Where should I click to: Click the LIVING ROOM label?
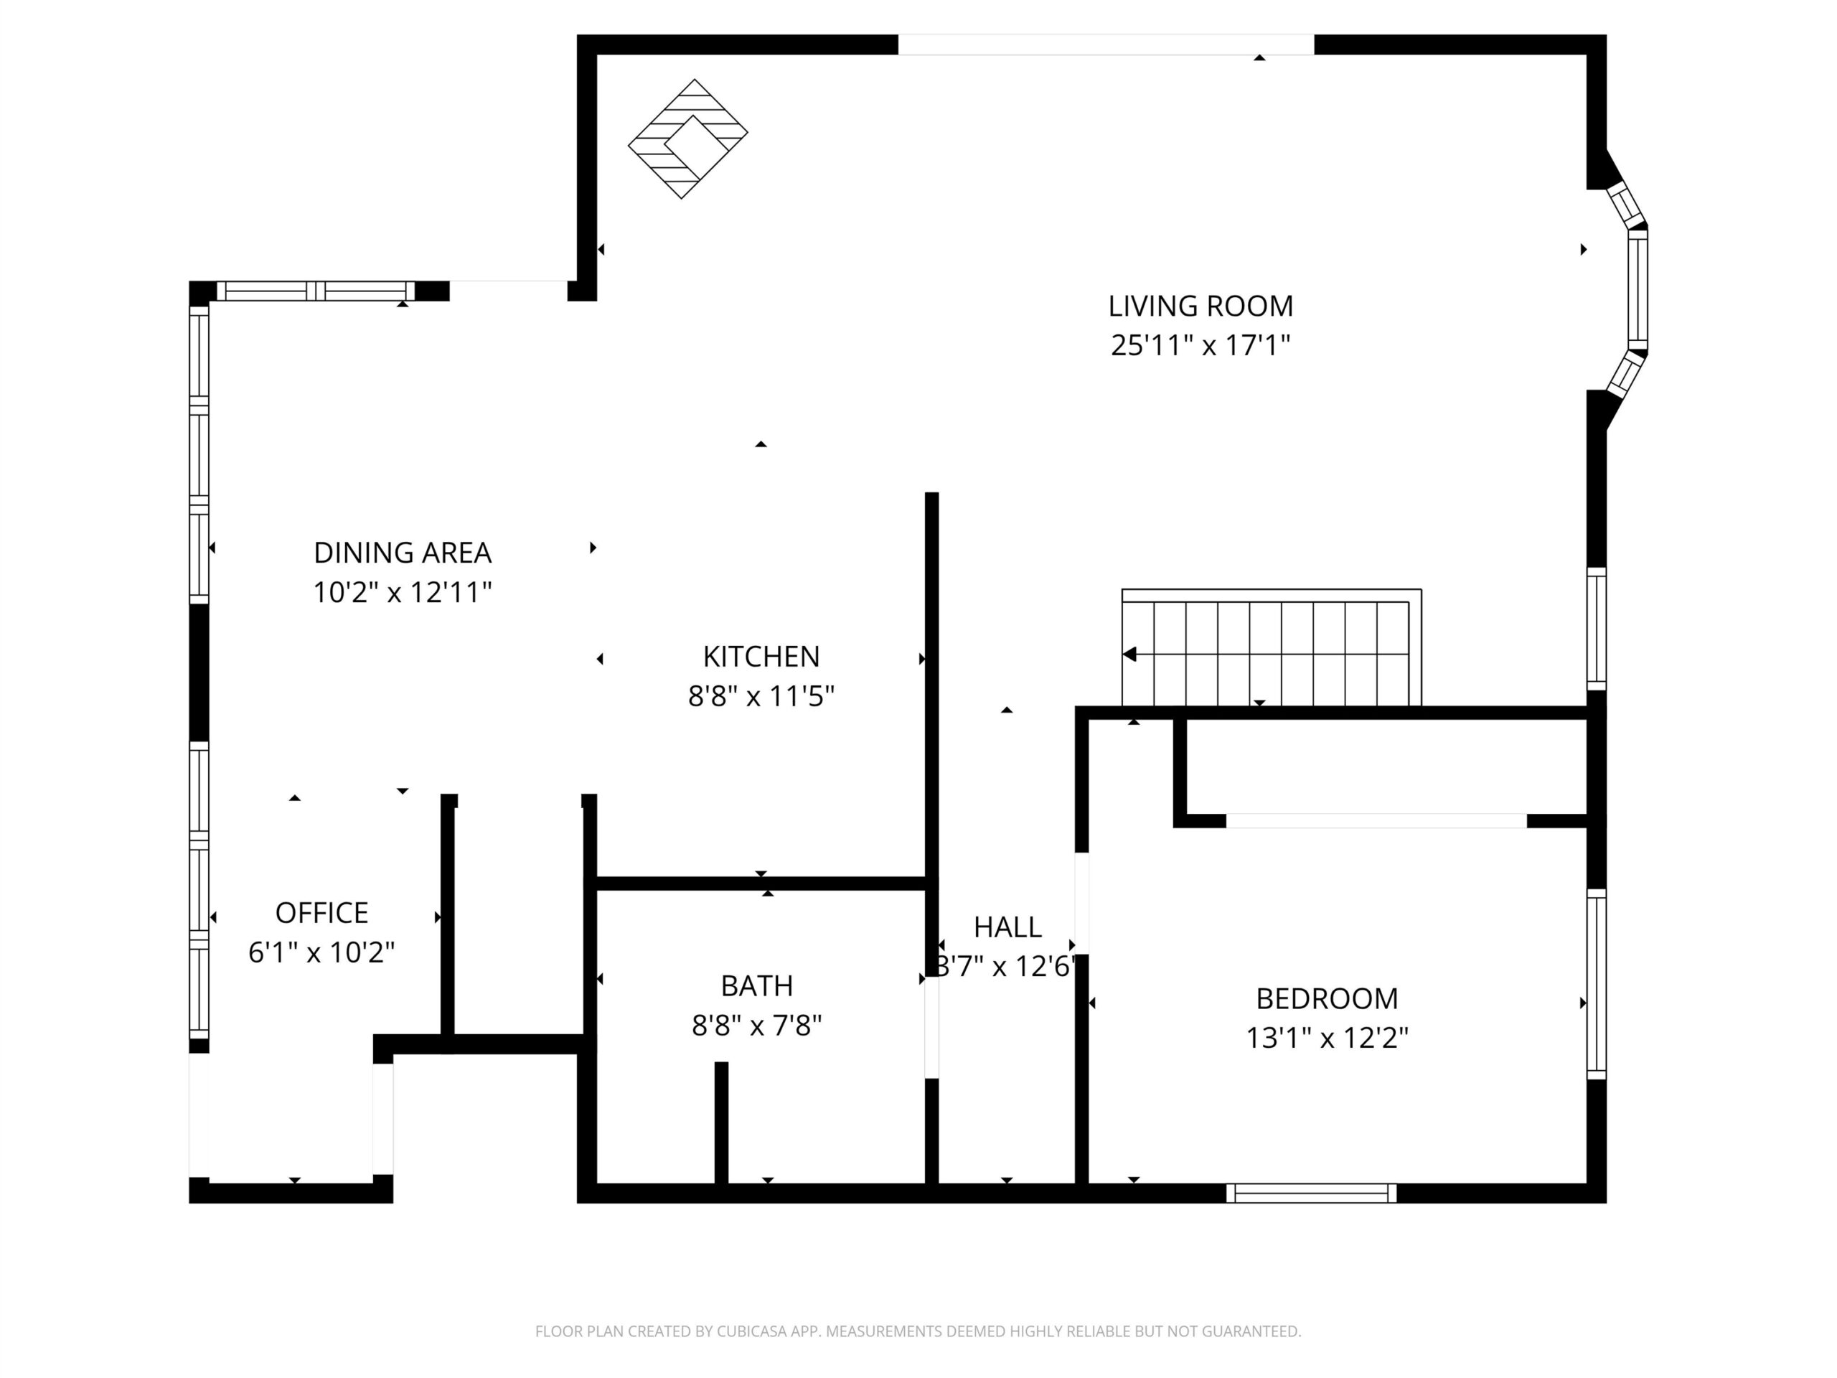point(1200,306)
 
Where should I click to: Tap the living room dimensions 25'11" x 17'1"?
point(1200,344)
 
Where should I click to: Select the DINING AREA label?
point(403,553)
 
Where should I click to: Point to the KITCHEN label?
point(761,656)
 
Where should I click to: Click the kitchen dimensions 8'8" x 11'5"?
point(761,696)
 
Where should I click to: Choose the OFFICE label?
point(321,913)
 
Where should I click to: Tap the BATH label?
point(756,985)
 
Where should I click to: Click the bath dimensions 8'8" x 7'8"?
point(756,1026)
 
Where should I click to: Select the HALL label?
point(1007,927)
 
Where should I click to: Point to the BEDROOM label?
point(1327,998)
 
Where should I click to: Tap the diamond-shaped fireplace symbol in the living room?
point(687,139)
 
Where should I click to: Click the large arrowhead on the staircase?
point(1129,655)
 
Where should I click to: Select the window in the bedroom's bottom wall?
point(1311,1194)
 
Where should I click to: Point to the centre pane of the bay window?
point(1637,290)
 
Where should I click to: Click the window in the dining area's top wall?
point(316,291)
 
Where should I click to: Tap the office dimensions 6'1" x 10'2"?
point(321,952)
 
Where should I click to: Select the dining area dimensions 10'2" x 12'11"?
point(403,592)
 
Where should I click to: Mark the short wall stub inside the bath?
point(722,1123)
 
